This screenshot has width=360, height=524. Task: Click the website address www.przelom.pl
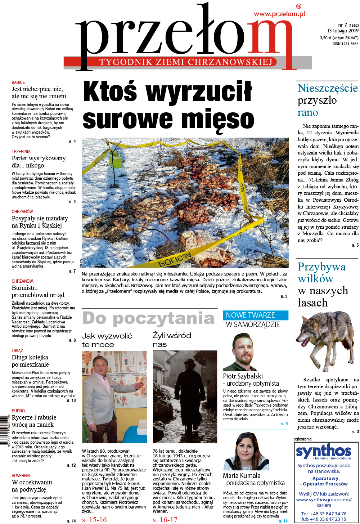pyautogui.click(x=279, y=14)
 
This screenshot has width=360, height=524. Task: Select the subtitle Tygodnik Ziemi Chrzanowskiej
pyautogui.click(x=186, y=62)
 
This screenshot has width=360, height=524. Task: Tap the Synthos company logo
pyautogui.click(x=323, y=452)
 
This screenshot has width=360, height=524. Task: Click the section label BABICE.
pyautogui.click(x=19, y=82)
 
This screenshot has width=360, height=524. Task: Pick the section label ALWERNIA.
pyautogui.click(x=21, y=476)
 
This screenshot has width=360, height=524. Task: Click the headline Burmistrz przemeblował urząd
pyautogui.click(x=38, y=291)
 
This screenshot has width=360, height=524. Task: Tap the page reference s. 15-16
pyautogui.click(x=94, y=520)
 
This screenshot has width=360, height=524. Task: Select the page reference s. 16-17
pyautogui.click(x=165, y=520)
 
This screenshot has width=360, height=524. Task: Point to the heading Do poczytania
pyautogui.click(x=148, y=319)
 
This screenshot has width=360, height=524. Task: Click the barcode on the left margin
pyautogui.click(x=4, y=431)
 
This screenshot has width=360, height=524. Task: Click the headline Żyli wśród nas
pyautogui.click(x=171, y=340)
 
